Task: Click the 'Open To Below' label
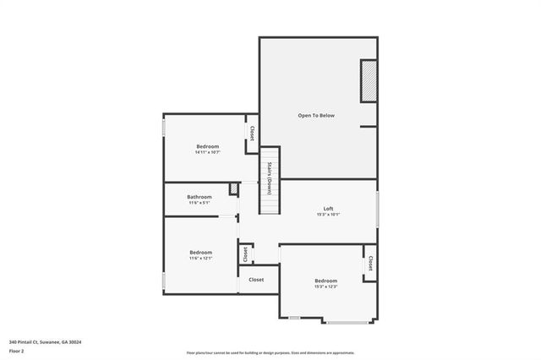click(316, 115)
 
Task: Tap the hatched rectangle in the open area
click(369, 81)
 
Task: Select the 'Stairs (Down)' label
click(269, 177)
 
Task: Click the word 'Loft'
click(328, 209)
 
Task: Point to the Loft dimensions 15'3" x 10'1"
click(328, 215)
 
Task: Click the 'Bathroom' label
click(199, 197)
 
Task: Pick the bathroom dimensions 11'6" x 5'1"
click(199, 203)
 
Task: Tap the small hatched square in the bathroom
click(234, 189)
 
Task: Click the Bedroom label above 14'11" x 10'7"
click(207, 146)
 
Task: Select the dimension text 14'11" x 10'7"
click(207, 152)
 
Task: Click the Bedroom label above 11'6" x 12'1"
click(200, 252)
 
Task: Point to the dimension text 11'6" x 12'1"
click(200, 258)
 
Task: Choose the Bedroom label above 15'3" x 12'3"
click(325, 281)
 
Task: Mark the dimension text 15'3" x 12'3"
click(325, 286)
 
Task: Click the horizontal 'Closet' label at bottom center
click(255, 280)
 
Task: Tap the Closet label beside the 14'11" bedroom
click(252, 134)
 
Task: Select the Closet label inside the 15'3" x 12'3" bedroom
click(370, 264)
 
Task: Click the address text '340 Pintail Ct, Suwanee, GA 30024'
click(45, 342)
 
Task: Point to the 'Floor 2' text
click(16, 350)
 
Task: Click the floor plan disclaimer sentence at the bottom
click(270, 353)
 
